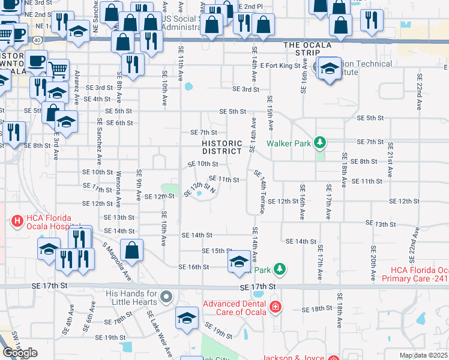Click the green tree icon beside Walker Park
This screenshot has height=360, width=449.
point(321,142)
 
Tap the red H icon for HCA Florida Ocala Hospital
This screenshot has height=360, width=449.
point(17,221)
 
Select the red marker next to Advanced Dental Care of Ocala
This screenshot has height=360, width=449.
point(276,308)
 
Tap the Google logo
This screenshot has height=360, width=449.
point(20,353)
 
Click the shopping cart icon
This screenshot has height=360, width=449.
point(58,71)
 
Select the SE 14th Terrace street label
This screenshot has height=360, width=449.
point(261,191)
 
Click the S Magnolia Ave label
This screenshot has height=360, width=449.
point(116,262)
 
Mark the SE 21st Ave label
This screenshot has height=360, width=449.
point(390,160)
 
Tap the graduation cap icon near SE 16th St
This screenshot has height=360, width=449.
point(238,262)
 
